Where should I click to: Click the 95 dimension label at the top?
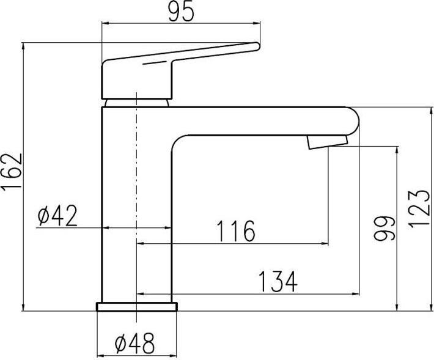coord(181,12)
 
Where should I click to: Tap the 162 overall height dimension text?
coord(12,172)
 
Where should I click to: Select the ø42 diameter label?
coord(57,216)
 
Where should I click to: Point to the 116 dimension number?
coord(235,231)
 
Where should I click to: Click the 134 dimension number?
coord(278,282)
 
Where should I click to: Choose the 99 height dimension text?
coord(383,229)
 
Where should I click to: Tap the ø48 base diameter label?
coord(134,343)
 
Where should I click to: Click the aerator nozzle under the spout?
coord(328,142)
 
